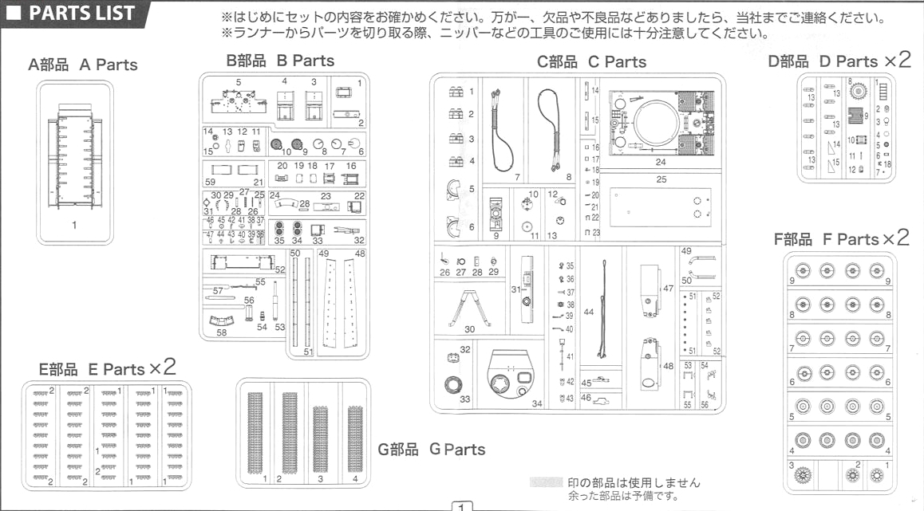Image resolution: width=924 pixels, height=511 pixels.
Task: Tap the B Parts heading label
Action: pos(280,61)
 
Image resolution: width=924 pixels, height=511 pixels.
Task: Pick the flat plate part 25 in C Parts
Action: pos(661,207)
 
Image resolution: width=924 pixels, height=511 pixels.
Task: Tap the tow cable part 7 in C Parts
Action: pos(503,132)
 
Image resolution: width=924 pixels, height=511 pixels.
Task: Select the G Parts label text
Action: pos(431,450)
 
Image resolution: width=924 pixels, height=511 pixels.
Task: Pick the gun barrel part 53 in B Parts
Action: pos(274,307)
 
